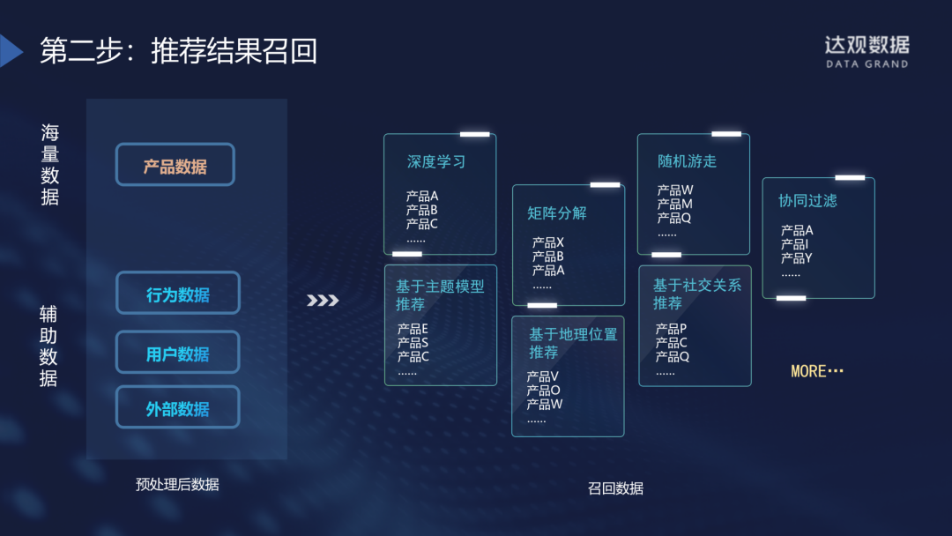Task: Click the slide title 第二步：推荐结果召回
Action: pos(178,51)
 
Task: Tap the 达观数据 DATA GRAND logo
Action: pos(866,51)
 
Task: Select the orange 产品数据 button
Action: pos(175,165)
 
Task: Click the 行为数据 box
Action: pos(178,294)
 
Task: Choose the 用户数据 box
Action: pos(178,353)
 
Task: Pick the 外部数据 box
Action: pos(178,408)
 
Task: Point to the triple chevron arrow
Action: pos(323,301)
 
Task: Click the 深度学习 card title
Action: pos(435,161)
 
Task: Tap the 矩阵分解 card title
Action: pos(556,212)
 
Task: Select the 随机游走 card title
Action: pos(687,160)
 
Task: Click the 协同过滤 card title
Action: pos(807,200)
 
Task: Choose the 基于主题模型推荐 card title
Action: pos(439,295)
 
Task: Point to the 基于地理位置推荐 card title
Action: pos(572,343)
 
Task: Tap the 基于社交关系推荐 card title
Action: pos(696,294)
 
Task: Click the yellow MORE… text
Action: pos(817,371)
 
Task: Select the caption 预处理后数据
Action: pos(177,484)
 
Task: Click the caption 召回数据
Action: pos(615,488)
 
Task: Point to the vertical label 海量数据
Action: pos(50,165)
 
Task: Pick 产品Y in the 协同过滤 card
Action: pos(796,258)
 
